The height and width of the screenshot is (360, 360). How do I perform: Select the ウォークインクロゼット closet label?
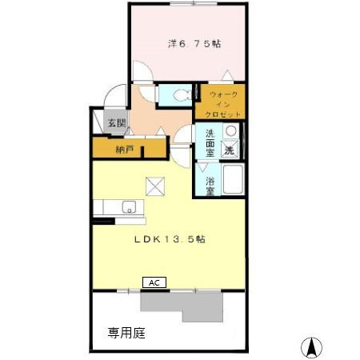(224, 104)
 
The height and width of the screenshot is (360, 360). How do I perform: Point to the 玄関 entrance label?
(117, 123)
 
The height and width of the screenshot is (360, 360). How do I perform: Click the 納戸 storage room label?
(124, 149)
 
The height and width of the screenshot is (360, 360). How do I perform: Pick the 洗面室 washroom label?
(210, 142)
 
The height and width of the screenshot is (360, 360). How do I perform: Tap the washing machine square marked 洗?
(230, 150)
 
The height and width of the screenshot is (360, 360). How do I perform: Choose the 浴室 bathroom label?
(210, 186)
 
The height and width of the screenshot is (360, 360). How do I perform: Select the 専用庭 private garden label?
(126, 332)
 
